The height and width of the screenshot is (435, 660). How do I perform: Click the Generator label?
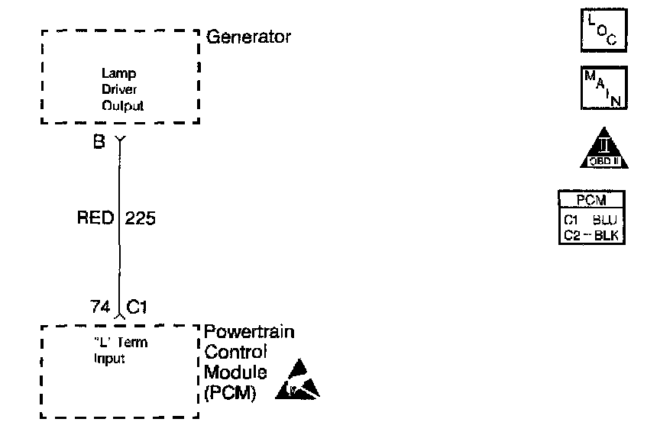tap(249, 37)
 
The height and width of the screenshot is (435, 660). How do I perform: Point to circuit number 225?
tap(140, 219)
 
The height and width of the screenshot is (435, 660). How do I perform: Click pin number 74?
tap(99, 307)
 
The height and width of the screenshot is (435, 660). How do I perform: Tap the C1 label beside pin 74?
tap(137, 307)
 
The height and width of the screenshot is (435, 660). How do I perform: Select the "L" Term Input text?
tap(115, 349)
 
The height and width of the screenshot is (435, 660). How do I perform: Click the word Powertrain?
tap(249, 333)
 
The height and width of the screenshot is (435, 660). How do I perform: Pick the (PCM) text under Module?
tap(231, 393)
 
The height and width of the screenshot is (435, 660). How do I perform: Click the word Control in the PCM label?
tap(236, 353)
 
